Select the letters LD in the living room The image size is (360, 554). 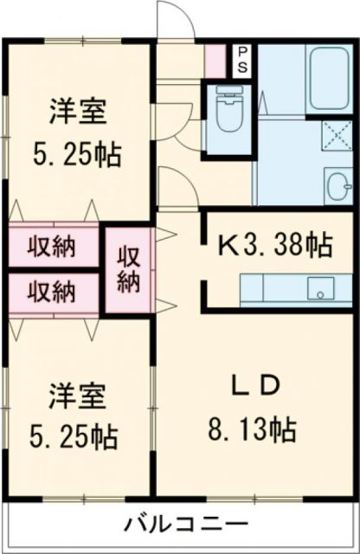click(x=255, y=386)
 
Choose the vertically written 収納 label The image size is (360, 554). click(x=128, y=268)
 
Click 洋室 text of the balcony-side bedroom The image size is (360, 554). click(x=77, y=397)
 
